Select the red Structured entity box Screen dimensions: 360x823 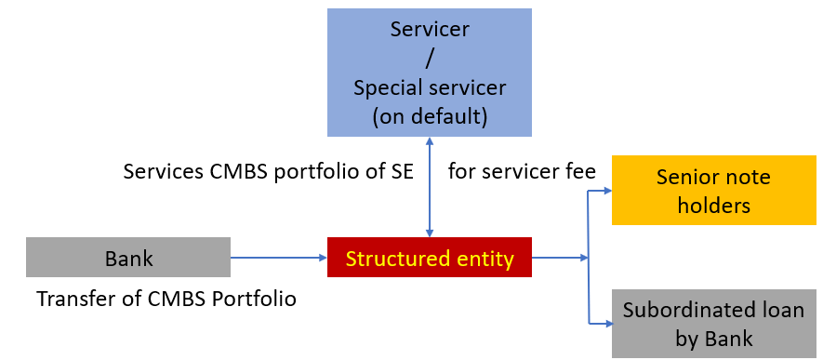point(429,258)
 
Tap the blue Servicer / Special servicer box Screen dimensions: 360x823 point(429,72)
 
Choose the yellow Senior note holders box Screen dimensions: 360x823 point(713,191)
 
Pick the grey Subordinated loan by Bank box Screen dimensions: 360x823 point(713,324)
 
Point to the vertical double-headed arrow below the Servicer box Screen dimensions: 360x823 point(429,187)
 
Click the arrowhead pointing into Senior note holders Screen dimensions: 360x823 point(605,191)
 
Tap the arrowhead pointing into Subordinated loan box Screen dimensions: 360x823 point(605,324)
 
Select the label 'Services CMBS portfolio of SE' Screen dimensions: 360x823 point(275,172)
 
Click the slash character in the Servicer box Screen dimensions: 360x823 point(429,58)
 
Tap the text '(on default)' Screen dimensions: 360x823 point(429,117)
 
